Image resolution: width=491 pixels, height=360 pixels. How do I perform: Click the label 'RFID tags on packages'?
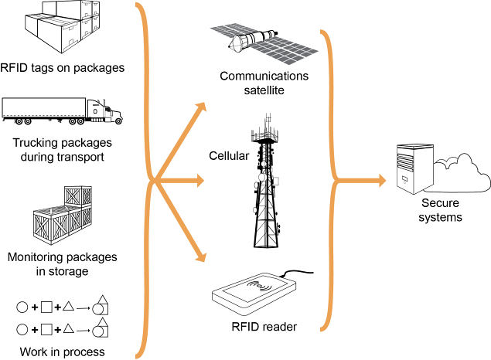click(63, 68)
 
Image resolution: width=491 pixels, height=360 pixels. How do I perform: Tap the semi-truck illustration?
click(62, 110)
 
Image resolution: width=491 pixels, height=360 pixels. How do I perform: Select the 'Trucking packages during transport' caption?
click(63, 150)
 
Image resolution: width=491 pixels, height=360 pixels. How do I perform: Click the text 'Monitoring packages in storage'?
click(63, 263)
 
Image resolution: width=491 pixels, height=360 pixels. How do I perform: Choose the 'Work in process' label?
click(63, 352)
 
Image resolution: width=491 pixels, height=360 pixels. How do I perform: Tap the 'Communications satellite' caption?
click(264, 83)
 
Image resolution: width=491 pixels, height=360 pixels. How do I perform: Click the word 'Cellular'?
click(229, 156)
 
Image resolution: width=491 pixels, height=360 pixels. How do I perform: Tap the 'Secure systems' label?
click(440, 210)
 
